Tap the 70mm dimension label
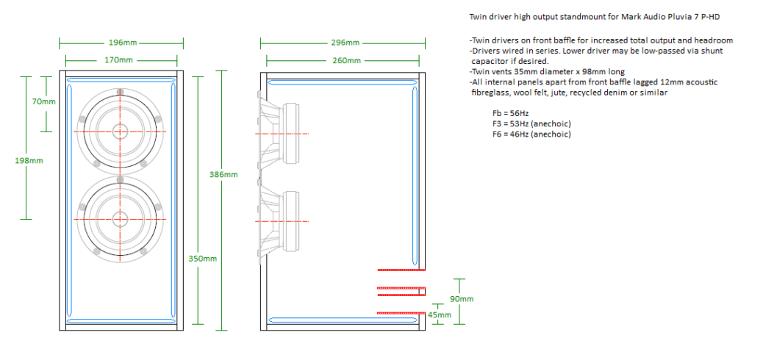(x=44, y=101)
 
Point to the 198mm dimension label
(x=27, y=159)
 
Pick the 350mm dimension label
(x=202, y=259)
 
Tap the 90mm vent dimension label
(x=461, y=299)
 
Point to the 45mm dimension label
(x=439, y=316)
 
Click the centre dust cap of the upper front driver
(x=120, y=132)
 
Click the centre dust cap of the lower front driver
(x=120, y=218)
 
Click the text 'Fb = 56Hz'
(x=510, y=114)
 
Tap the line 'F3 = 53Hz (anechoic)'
(x=531, y=123)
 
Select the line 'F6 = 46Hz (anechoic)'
(x=531, y=134)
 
